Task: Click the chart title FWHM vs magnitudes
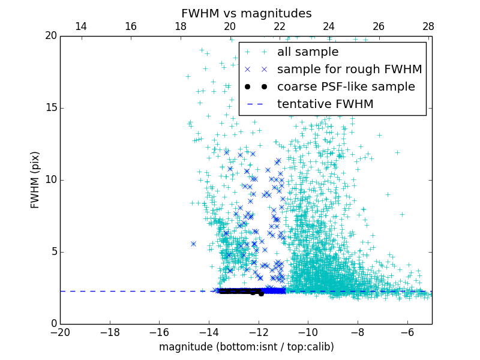coord(246,13)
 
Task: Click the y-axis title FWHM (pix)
coord(35,180)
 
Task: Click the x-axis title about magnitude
coord(246,347)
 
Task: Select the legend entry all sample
coord(307,52)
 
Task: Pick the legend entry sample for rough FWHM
coord(349,70)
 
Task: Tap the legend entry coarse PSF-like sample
coord(346,87)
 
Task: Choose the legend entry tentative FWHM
coord(325,104)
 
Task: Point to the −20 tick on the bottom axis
coord(60,332)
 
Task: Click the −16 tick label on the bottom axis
coord(159,332)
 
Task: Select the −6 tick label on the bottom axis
coord(407,332)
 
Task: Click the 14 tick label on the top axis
coord(80,26)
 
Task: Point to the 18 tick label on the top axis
coord(180,26)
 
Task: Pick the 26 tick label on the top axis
coord(378,26)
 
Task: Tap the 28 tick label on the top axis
coord(428,26)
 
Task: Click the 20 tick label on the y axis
coord(50,36)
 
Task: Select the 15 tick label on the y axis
coord(50,108)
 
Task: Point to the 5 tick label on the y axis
coord(53,252)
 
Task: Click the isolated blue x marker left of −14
coord(193,244)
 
